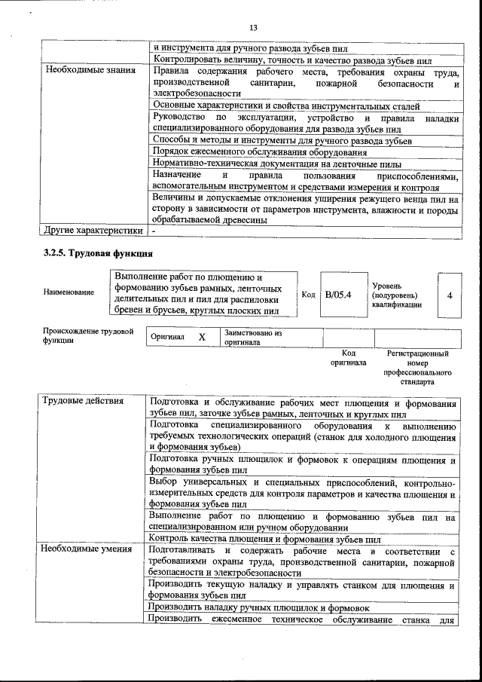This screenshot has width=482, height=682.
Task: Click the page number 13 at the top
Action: tap(254, 28)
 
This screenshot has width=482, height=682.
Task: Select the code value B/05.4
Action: tap(338, 294)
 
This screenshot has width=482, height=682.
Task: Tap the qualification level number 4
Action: tap(449, 295)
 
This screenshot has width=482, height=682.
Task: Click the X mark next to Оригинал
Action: tap(202, 337)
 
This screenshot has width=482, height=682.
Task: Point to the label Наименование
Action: tap(69, 292)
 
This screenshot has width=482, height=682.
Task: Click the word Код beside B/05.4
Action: tap(307, 295)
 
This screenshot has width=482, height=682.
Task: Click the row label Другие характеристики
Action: tap(93, 230)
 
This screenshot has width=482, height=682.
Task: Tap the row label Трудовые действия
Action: tap(82, 400)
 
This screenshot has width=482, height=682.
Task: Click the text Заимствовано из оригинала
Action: tap(252, 337)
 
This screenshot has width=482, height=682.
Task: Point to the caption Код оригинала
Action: tap(348, 357)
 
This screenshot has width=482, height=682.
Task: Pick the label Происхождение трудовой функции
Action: tap(88, 335)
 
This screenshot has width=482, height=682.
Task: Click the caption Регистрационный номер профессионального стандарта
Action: tap(417, 367)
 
